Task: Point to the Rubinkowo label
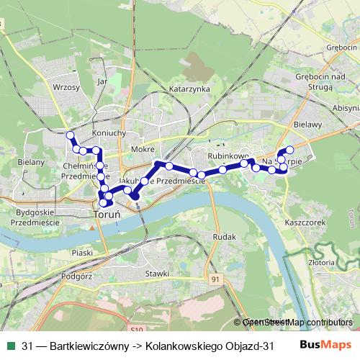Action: (228, 155)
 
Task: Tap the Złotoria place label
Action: (341, 264)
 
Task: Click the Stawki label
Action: (156, 274)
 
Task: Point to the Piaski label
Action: (84, 252)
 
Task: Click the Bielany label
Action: (31, 162)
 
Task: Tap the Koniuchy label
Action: (109, 133)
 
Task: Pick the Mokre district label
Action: (143, 149)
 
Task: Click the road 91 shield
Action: (215, 278)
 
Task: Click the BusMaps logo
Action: (331, 346)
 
